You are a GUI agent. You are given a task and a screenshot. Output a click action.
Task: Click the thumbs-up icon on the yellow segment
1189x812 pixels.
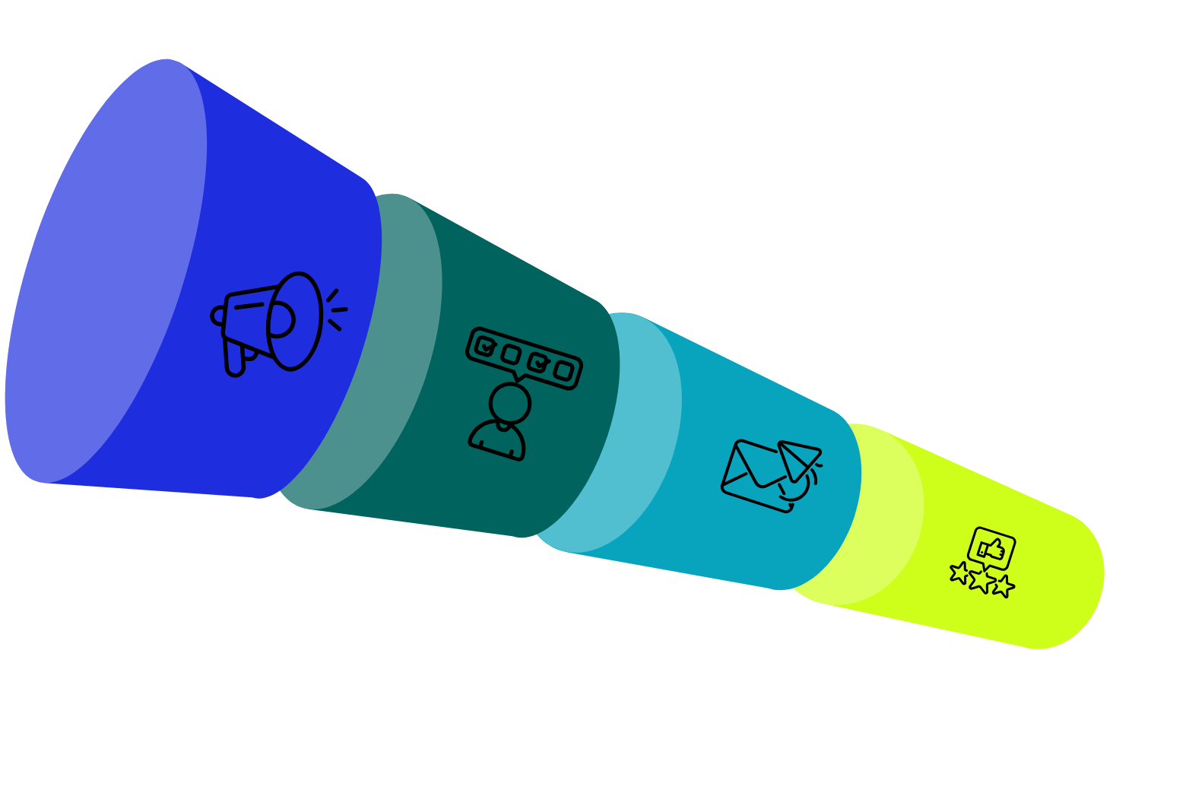991,547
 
